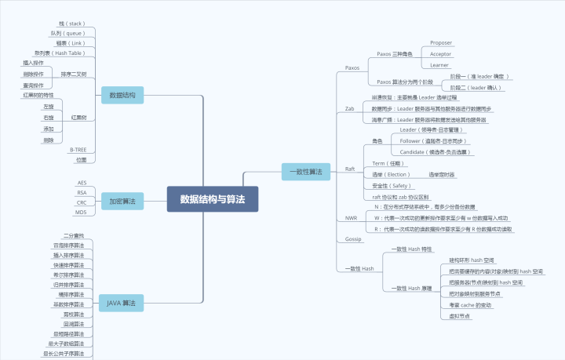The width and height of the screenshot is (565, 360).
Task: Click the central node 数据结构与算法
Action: [x=213, y=199]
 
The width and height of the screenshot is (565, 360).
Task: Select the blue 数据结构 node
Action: [x=122, y=96]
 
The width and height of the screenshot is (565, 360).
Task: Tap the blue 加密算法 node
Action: [x=122, y=202]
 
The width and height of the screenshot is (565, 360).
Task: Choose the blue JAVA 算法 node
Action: [x=122, y=302]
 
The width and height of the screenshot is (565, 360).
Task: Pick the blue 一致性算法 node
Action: [x=307, y=171]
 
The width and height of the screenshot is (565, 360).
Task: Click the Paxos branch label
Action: [x=352, y=68]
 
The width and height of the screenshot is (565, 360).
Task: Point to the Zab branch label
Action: [x=349, y=108]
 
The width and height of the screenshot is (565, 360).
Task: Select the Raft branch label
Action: [x=350, y=169]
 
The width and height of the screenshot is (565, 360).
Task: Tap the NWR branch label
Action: [x=351, y=217]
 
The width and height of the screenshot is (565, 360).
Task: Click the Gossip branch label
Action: [x=353, y=238]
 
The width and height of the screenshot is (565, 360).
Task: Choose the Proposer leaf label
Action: [x=440, y=43]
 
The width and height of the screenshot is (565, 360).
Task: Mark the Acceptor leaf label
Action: [x=440, y=54]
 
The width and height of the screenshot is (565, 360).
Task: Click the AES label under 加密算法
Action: [x=82, y=183]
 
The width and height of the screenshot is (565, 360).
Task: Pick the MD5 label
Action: [x=81, y=213]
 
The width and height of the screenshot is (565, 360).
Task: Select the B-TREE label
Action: [x=78, y=149]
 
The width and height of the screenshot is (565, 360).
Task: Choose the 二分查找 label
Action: [x=73, y=235]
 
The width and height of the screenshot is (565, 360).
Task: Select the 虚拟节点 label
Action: [x=460, y=315]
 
